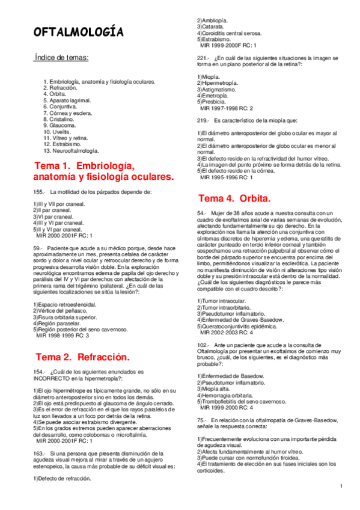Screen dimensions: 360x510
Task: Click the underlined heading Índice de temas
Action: pyautogui.click(x=61, y=58)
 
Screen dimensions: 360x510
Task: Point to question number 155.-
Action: pyautogui.click(x=40, y=192)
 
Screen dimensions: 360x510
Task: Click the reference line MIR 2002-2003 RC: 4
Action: pyautogui.click(x=230, y=332)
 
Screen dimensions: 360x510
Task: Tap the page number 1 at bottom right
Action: pyautogui.click(x=340, y=486)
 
